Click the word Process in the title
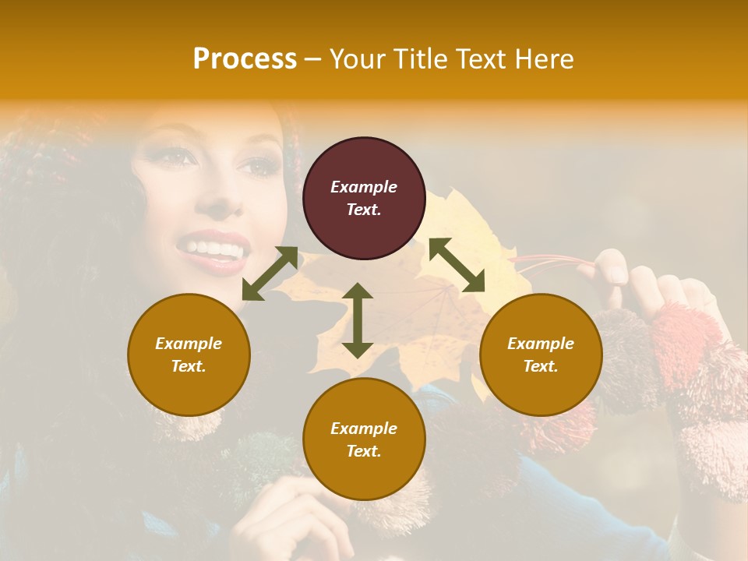point(245,59)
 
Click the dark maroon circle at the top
point(364,198)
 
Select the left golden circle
point(189,355)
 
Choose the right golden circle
point(541,355)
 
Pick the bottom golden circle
point(364,439)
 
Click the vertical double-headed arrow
point(358,320)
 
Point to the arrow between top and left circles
point(270,273)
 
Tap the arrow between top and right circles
point(457,265)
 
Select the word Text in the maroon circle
point(363,210)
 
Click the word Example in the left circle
point(189,344)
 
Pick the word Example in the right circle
point(541,344)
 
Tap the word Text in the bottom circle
point(363,451)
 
